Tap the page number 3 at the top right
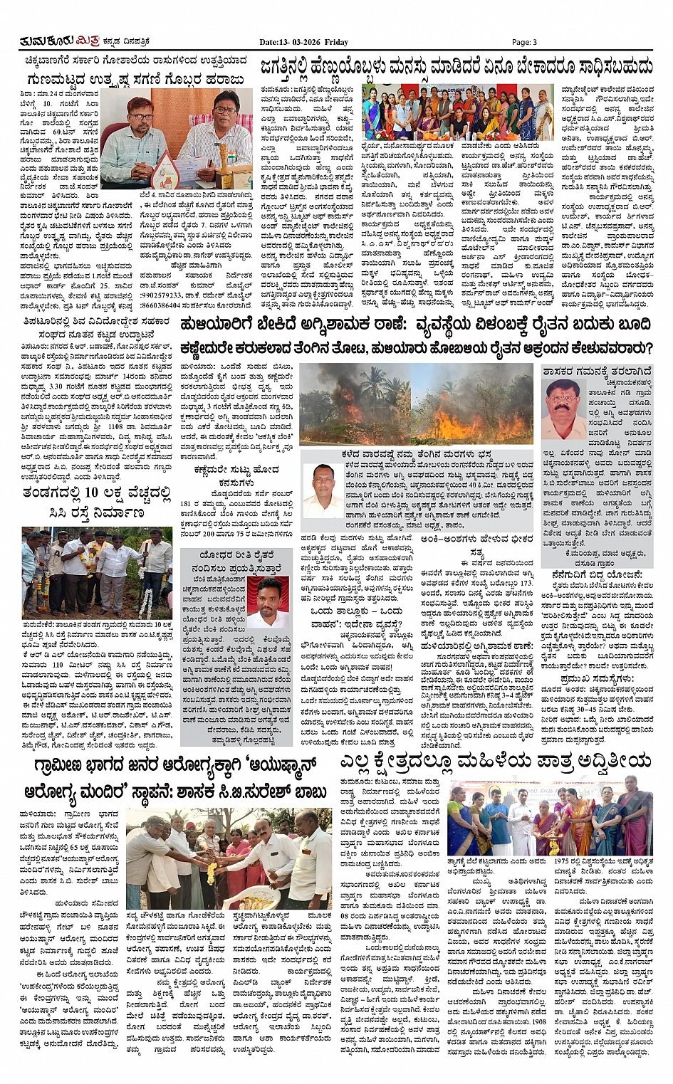(524, 42)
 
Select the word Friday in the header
(336, 42)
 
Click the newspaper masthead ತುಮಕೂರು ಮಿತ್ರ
(48, 42)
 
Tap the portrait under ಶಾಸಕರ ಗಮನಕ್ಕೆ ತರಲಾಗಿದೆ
(563, 409)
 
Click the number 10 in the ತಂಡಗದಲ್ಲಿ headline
(90, 493)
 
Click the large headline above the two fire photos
(415, 325)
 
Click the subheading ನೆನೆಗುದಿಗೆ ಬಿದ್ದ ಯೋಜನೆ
(596, 574)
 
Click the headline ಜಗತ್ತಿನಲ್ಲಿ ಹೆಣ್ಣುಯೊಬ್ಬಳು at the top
(456, 67)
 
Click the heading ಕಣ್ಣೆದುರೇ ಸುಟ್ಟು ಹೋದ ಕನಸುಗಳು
(227, 476)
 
